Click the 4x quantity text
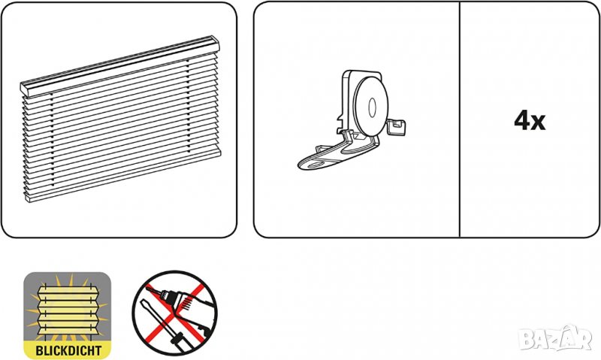click(530, 121)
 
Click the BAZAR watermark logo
click(556, 337)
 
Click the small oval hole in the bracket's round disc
click(372, 107)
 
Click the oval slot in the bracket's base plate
click(315, 165)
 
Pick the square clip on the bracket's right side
click(397, 127)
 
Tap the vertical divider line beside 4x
click(459, 119)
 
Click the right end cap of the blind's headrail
click(215, 44)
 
